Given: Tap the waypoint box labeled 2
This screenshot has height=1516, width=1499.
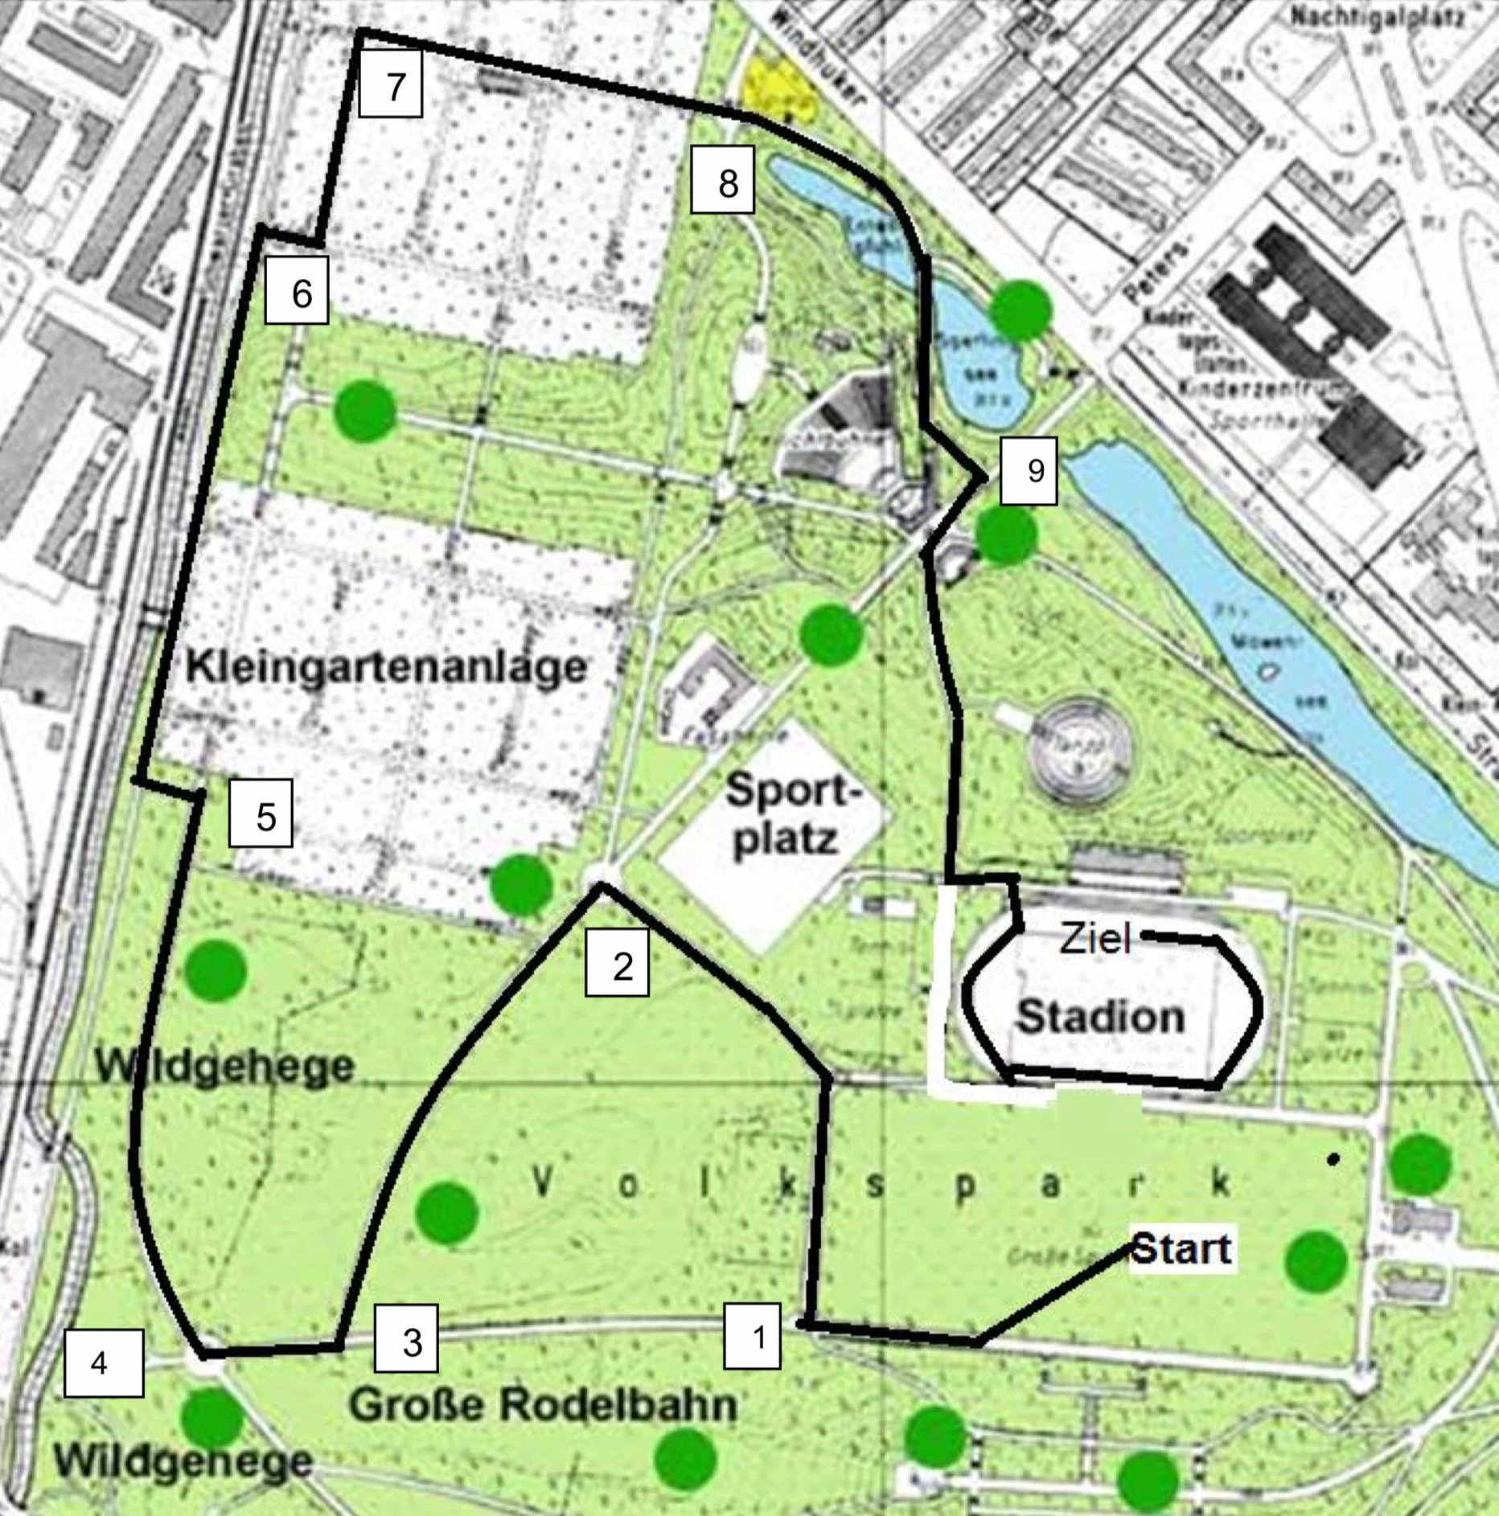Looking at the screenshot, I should (617, 964).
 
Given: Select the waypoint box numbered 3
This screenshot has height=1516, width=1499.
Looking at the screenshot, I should (406, 1338).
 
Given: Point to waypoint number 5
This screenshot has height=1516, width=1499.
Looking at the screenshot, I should (261, 813).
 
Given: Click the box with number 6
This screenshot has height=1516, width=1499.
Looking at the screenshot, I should (297, 290).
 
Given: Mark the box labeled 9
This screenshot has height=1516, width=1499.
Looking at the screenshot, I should (1029, 470).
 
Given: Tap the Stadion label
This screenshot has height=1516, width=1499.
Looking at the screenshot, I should (1101, 1017).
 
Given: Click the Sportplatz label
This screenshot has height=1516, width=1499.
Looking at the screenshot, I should (786, 816).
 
